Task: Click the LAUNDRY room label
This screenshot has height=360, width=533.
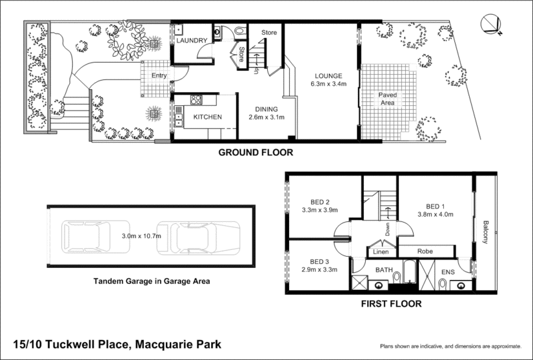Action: (x=192, y=41)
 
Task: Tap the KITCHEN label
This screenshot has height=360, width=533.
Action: (x=207, y=117)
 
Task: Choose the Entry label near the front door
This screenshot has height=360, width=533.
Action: (x=159, y=75)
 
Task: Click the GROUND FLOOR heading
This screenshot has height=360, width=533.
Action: (x=257, y=152)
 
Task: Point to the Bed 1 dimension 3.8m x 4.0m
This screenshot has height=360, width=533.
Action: (x=434, y=214)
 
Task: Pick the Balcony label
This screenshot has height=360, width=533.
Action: (x=486, y=232)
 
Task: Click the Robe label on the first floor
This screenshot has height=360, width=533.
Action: (x=426, y=252)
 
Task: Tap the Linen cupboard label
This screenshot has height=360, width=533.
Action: (x=380, y=252)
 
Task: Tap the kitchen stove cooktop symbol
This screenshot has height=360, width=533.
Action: (x=196, y=101)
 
